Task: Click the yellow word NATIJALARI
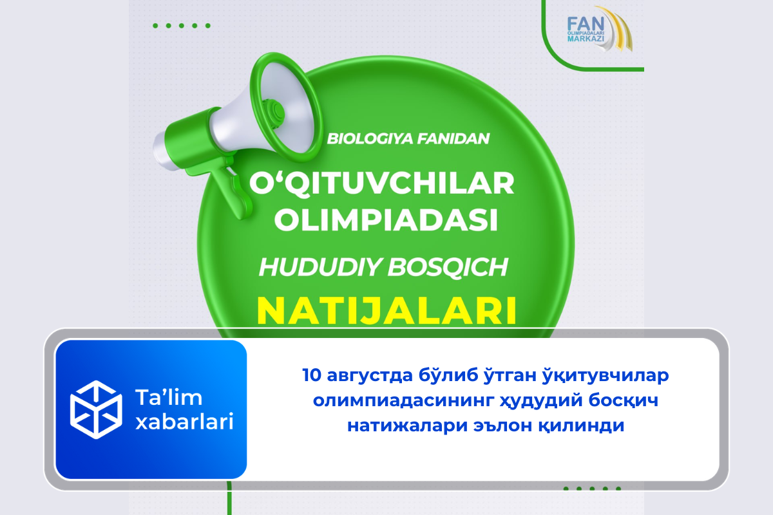386,310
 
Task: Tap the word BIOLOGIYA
370,138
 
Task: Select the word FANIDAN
453,138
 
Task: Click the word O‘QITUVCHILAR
381,184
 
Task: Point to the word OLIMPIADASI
386,220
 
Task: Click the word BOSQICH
448,267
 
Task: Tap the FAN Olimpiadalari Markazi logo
600,30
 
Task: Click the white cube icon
96,409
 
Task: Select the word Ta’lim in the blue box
169,397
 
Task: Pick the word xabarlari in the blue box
185,421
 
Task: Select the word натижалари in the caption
408,426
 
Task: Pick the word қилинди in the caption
583,426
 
